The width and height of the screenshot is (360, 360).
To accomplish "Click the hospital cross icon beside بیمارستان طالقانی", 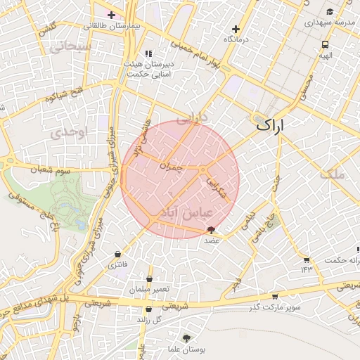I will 111,14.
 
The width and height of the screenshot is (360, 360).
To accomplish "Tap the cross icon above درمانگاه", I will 236,29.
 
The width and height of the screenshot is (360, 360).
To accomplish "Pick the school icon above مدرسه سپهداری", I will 330,11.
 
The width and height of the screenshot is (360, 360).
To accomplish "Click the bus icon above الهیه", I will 324,43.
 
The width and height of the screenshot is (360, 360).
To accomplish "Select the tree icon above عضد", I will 212,230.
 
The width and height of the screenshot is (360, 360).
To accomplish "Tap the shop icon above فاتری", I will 117,254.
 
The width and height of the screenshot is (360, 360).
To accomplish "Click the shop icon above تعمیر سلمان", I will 149,279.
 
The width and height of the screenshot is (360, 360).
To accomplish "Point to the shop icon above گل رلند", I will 148,309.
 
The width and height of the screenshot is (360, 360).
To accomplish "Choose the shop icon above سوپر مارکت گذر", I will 274,297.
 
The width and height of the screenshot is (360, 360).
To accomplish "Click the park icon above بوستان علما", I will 186,338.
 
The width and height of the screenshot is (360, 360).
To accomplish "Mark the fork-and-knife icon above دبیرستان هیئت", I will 148,53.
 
